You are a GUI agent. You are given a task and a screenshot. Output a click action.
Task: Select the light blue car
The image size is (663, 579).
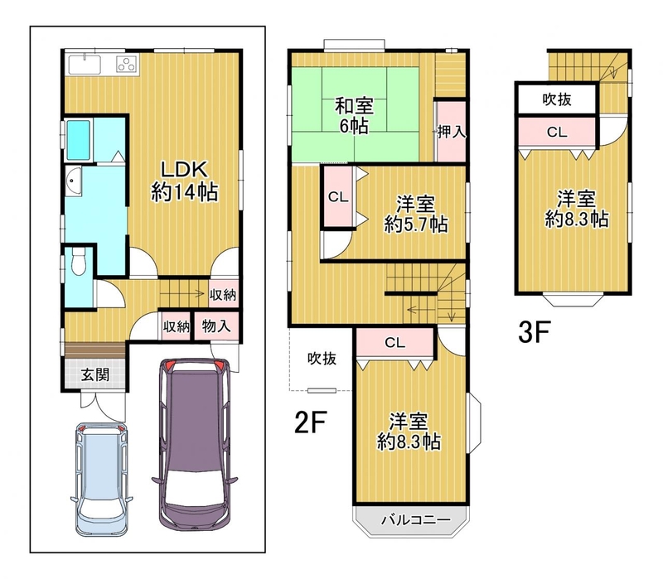click(x=101, y=479)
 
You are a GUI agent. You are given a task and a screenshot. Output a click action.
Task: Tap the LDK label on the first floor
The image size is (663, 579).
click(x=185, y=170)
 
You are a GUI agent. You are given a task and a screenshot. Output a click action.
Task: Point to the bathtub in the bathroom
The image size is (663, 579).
click(x=79, y=140)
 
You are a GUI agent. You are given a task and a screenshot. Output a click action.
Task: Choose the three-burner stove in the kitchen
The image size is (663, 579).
click(x=127, y=65)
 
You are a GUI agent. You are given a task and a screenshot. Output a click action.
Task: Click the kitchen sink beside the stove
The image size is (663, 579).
click(x=85, y=65)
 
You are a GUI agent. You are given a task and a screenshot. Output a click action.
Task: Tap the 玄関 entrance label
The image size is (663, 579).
click(x=95, y=374)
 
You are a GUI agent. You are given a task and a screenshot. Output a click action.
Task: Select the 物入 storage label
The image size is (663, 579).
click(x=216, y=326)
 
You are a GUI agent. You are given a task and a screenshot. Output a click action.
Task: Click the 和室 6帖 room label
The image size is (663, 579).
click(x=355, y=115)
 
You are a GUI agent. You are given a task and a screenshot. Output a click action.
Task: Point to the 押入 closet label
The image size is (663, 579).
click(x=452, y=132)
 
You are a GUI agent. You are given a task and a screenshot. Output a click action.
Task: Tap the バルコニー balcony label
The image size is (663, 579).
click(x=416, y=519)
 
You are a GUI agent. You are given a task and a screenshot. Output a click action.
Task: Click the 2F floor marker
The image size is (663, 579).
click(x=311, y=422)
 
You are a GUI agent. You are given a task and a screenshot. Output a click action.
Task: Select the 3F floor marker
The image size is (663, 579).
click(x=535, y=332)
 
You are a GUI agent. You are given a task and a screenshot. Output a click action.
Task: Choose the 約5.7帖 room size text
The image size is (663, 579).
click(x=416, y=224)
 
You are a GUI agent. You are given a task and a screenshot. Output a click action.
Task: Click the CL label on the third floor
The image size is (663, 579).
click(x=557, y=133)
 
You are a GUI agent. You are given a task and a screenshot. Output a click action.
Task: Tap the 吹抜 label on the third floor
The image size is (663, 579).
click(x=557, y=99)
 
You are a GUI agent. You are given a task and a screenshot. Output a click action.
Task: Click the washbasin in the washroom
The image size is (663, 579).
click(x=74, y=181)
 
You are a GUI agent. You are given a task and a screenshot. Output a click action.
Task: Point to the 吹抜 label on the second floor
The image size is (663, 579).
click(x=322, y=359)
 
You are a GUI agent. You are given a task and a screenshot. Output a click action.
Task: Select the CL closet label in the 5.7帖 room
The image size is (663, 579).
click(x=338, y=196)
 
